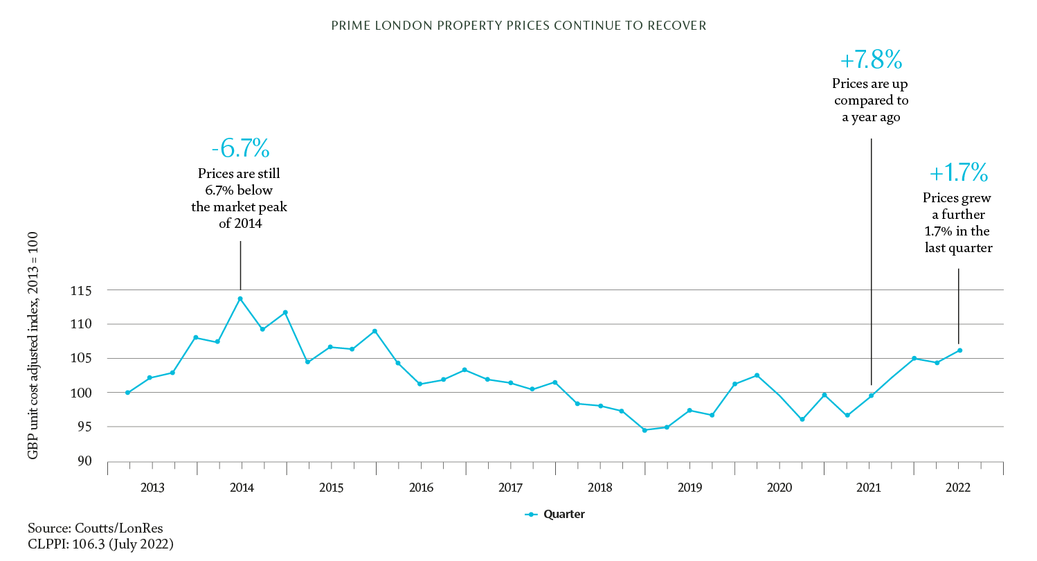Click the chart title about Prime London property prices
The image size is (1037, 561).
[518, 26]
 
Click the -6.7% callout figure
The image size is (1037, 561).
[240, 148]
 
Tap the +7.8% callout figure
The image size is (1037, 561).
[870, 60]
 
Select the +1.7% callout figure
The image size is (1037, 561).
[958, 172]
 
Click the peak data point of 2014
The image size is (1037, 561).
[240, 299]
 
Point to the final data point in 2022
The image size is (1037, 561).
[959, 350]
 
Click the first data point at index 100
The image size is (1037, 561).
[128, 393]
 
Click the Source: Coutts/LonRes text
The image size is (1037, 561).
[96, 528]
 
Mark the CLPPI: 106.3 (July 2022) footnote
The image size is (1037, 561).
[100, 544]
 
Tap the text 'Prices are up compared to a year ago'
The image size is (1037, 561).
[870, 100]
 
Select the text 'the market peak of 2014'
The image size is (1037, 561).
[240, 215]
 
